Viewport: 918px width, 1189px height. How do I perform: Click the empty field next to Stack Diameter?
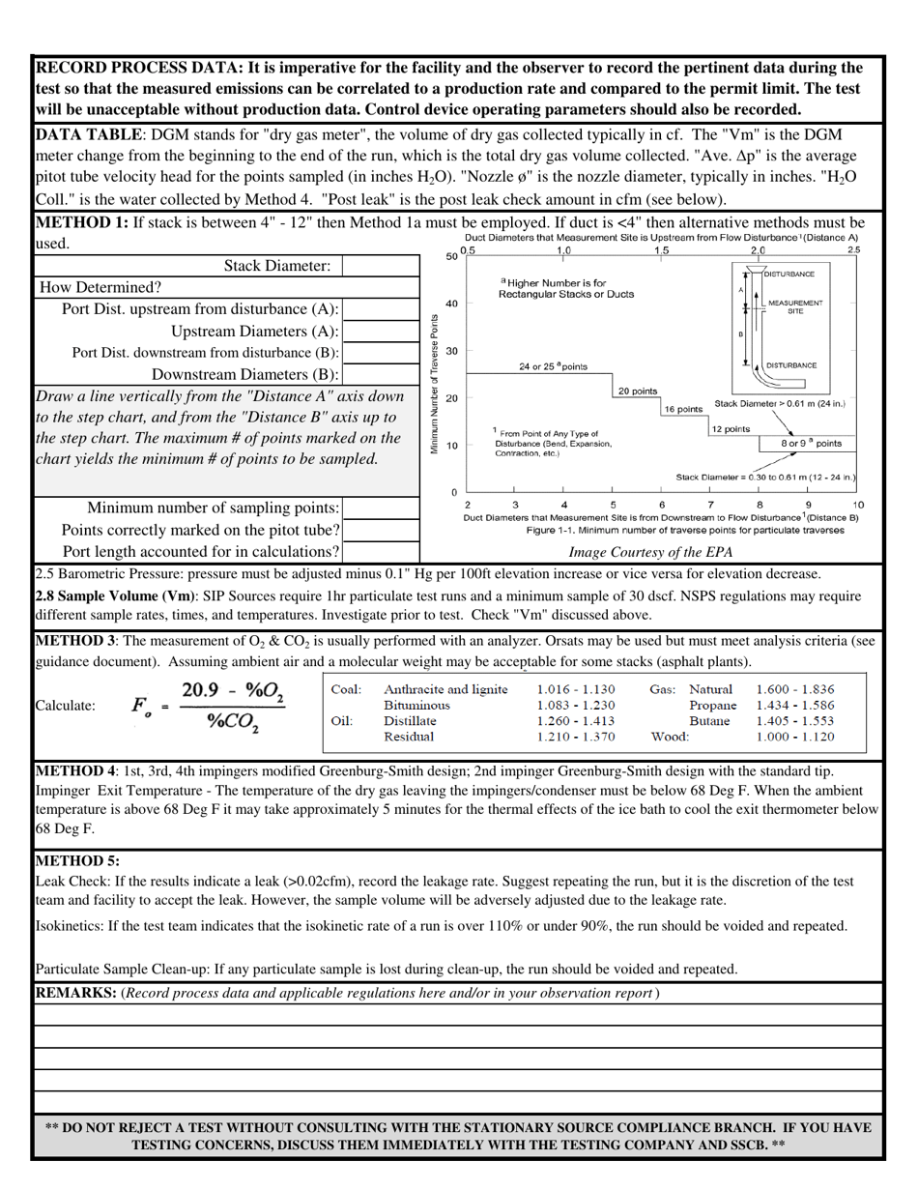coord(381,265)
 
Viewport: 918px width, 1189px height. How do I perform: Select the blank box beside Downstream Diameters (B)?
coord(381,375)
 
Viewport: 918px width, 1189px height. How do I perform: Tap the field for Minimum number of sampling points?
coord(381,507)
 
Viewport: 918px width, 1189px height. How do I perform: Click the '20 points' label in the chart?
coord(637,391)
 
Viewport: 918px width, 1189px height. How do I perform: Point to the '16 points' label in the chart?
coord(682,409)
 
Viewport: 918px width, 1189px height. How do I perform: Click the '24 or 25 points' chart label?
coord(552,366)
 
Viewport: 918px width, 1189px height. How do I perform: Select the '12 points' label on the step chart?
coord(730,428)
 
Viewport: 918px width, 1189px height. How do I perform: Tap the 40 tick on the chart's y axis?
coord(451,304)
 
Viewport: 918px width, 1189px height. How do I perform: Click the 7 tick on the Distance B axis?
coord(711,505)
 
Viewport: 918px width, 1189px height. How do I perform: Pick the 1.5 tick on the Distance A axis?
coord(661,250)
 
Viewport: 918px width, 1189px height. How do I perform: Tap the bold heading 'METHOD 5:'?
coord(77,860)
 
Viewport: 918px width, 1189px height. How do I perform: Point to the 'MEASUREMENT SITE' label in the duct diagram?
coord(794,306)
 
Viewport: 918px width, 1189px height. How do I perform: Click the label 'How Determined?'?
coord(100,287)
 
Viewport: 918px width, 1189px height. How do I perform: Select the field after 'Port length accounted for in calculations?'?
coord(381,552)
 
